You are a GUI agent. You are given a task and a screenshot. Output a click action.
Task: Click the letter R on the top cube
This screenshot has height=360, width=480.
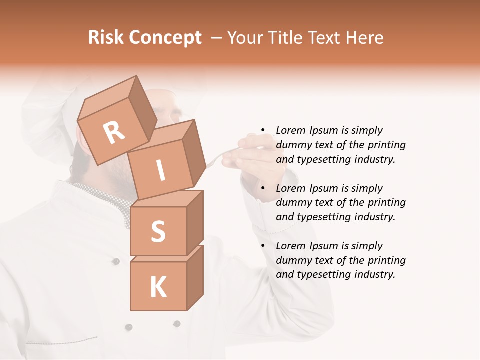point(114,132)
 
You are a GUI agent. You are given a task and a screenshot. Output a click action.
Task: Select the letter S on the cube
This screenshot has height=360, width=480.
point(158,231)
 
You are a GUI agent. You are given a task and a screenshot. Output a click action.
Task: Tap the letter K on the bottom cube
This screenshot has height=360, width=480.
point(158,287)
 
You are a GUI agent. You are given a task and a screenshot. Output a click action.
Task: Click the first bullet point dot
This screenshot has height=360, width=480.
point(263,131)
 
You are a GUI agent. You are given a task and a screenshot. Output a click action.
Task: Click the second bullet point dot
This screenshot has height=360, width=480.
point(263,188)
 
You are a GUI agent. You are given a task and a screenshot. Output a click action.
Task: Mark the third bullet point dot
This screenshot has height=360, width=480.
point(263,246)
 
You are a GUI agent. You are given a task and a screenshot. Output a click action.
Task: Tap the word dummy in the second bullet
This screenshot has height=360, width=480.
point(292,203)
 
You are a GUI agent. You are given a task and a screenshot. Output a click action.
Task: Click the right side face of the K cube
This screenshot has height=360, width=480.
point(195,277)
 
